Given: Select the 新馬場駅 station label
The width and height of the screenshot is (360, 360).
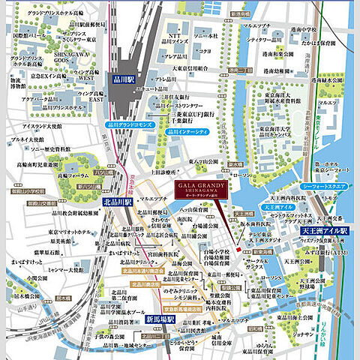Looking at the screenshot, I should click(160, 319).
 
